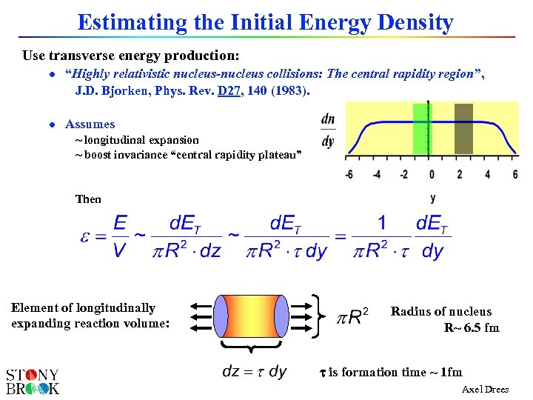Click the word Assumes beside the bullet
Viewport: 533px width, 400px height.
click(x=90, y=124)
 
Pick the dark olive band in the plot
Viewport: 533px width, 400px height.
click(x=463, y=129)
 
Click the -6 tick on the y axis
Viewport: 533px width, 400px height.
click(x=348, y=175)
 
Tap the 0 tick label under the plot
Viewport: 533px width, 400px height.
click(x=432, y=175)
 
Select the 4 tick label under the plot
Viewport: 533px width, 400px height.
click(x=487, y=175)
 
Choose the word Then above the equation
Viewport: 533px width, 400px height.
click(x=88, y=199)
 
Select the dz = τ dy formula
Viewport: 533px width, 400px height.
click(x=254, y=372)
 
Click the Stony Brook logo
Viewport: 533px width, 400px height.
click(x=33, y=381)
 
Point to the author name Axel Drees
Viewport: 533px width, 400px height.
click(x=485, y=390)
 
